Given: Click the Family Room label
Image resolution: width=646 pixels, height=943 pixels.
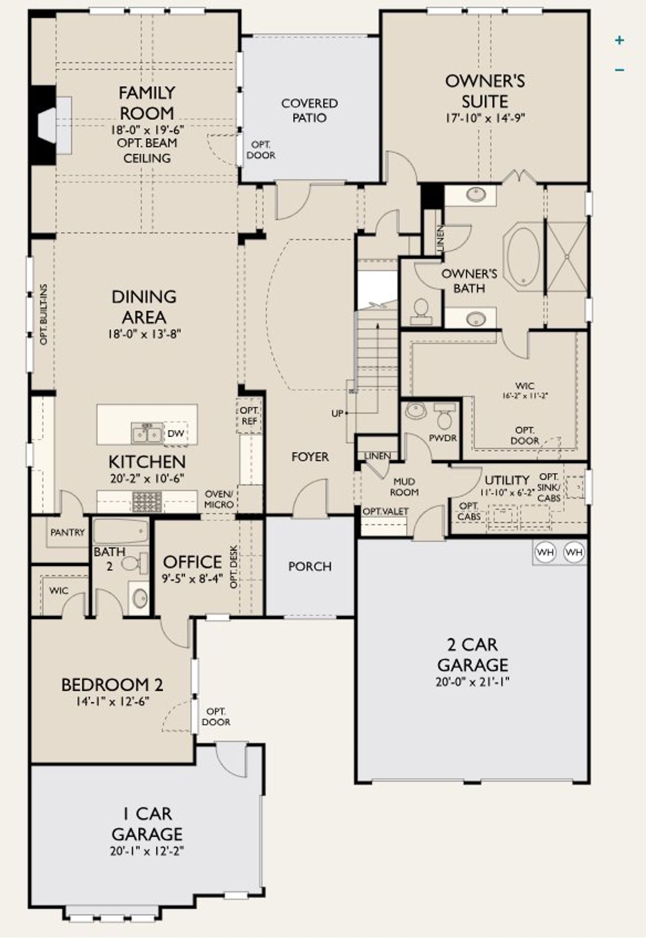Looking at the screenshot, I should click(x=147, y=103).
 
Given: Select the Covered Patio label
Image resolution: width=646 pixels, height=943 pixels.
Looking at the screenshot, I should click(x=309, y=110).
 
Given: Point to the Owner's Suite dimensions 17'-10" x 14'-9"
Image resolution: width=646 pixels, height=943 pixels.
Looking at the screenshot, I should click(x=484, y=118).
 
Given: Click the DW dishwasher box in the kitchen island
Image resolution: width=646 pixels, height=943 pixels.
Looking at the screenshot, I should click(x=175, y=434).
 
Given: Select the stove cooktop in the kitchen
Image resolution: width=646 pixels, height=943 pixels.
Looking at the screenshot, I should click(x=147, y=501).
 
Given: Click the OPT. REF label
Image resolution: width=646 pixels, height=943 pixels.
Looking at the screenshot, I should click(x=249, y=416).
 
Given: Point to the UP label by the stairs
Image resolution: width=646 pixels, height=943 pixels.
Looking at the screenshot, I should click(x=337, y=414).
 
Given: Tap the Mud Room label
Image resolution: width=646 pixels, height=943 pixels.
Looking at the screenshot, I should click(x=404, y=487).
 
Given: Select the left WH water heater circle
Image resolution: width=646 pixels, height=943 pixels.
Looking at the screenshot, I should click(x=545, y=552).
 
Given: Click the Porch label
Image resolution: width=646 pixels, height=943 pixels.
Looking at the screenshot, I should click(x=310, y=566).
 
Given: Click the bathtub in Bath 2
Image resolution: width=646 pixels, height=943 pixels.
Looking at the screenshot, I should click(x=121, y=532).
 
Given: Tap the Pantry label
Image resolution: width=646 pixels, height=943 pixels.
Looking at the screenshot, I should click(x=68, y=533).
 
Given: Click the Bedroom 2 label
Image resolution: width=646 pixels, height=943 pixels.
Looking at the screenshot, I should click(x=112, y=685).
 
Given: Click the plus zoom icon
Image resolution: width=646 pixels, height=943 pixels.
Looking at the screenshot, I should click(x=620, y=40).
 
